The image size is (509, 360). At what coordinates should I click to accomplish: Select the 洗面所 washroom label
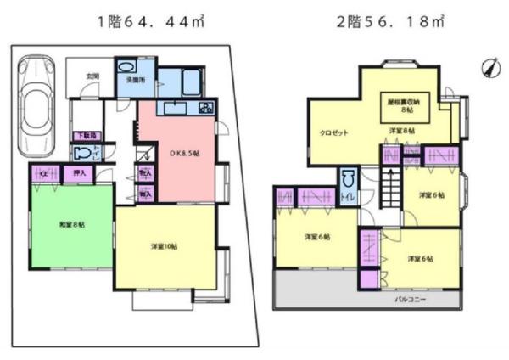[x=137, y=80]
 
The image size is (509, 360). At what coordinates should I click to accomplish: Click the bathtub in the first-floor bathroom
[x=191, y=83]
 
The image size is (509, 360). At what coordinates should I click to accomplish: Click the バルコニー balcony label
[x=410, y=299]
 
